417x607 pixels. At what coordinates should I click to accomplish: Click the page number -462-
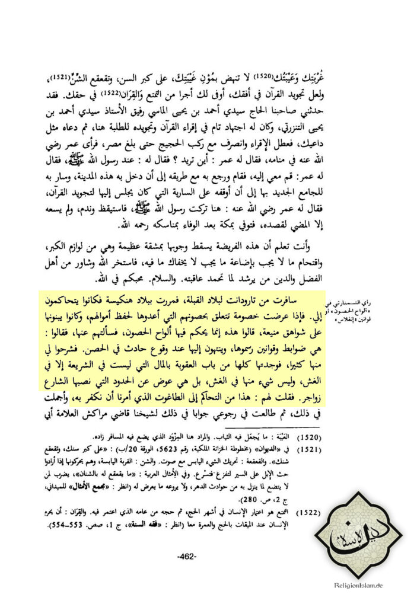pyautogui.click(x=189, y=557)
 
